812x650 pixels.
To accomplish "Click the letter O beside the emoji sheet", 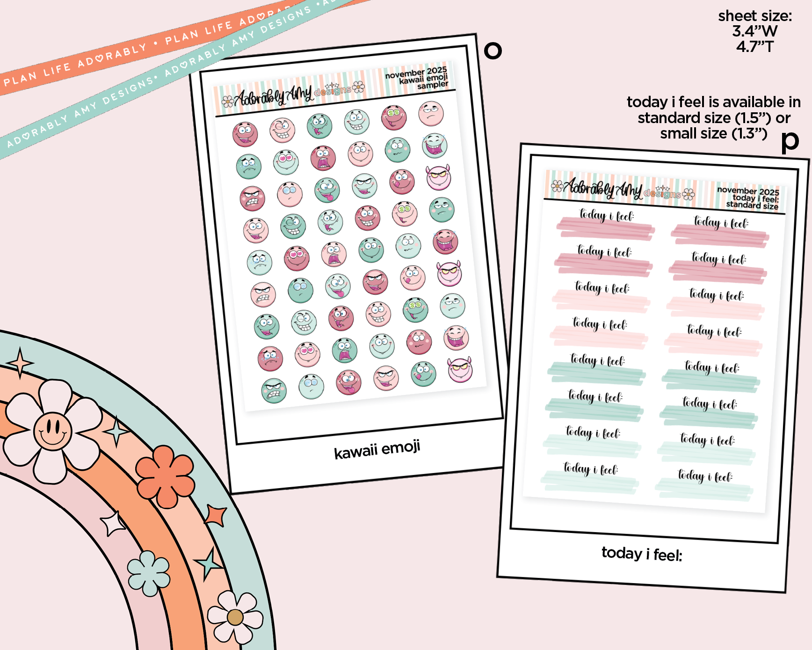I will point(493,50).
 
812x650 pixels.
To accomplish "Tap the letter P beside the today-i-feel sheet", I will point(790,141).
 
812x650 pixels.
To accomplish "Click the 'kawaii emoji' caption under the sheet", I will point(377,450).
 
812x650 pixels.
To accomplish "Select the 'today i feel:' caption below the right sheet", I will point(642,554).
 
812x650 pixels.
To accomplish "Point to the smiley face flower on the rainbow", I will point(53,431).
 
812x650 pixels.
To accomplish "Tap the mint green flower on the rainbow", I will point(149,573).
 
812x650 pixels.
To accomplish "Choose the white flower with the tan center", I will point(235,617).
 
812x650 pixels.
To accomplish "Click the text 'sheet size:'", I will point(755,16).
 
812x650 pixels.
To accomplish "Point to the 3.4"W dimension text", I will point(755,31).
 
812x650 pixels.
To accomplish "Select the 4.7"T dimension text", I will point(755,47).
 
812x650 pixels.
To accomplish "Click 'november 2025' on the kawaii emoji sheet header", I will point(416,73).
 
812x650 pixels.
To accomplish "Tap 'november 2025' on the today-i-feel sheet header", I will point(748,191).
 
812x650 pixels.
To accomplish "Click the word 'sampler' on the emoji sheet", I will point(433,85).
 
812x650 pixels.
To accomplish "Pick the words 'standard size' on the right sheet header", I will point(752,205).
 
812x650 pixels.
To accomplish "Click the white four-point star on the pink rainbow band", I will point(113,524).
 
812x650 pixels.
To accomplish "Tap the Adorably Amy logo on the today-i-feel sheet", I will point(623,189).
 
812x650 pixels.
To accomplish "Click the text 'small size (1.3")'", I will point(713,134).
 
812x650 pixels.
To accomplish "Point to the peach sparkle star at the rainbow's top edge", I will point(20,363).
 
